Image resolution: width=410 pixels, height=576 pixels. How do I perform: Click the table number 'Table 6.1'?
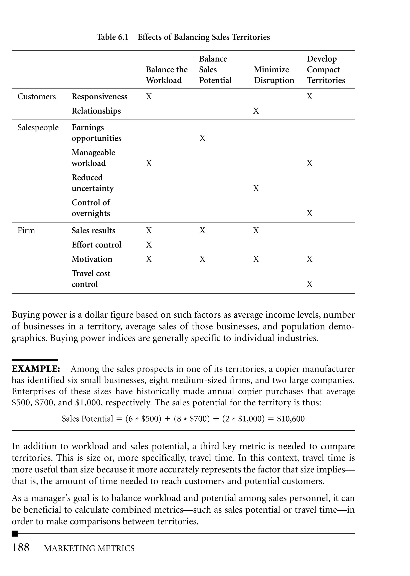click(x=112, y=37)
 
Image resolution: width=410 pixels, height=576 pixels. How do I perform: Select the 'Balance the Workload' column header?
click(x=167, y=75)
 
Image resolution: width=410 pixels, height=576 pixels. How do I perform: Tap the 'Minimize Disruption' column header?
click(x=274, y=75)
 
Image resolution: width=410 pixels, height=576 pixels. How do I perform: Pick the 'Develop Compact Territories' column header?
click(x=326, y=69)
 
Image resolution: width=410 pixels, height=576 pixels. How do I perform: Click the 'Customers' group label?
click(x=37, y=97)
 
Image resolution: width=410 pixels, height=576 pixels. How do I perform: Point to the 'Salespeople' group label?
click(x=38, y=128)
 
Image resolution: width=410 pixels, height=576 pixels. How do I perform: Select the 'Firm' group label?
click(x=26, y=230)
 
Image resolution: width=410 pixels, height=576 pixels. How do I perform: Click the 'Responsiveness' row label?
click(x=99, y=97)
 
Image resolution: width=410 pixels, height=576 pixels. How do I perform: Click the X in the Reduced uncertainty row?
click(x=256, y=188)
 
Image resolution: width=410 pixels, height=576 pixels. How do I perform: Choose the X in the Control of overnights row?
click(x=310, y=213)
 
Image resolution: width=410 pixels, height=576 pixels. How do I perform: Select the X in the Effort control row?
click(x=149, y=245)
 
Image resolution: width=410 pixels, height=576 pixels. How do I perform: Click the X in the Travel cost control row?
click(x=310, y=284)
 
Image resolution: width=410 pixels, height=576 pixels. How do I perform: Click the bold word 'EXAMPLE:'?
click(x=36, y=369)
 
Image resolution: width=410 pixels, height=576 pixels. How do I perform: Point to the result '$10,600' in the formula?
click(x=291, y=419)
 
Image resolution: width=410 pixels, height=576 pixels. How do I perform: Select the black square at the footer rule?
click(x=15, y=534)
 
